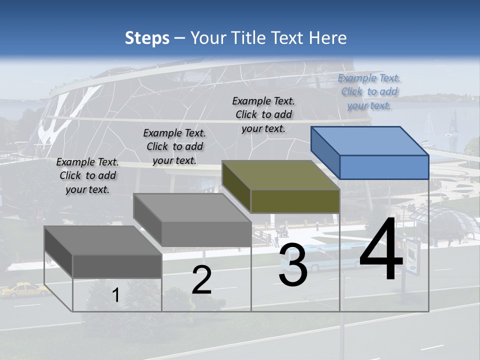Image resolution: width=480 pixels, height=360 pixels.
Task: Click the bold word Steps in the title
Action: click(x=147, y=38)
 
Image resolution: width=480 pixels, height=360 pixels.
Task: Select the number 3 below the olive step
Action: click(x=293, y=266)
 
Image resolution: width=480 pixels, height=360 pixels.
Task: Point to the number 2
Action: click(x=201, y=280)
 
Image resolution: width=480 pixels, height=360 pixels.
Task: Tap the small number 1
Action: click(x=116, y=295)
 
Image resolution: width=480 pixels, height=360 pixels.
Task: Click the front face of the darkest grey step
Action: click(x=117, y=266)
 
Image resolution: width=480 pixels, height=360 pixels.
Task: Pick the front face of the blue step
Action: click(x=384, y=167)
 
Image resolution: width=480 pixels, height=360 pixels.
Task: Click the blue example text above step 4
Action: click(x=369, y=91)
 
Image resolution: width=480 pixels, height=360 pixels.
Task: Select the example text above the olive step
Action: click(x=263, y=114)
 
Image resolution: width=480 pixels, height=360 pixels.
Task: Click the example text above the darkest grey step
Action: click(x=87, y=175)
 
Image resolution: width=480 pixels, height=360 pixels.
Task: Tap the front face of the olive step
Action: click(x=295, y=201)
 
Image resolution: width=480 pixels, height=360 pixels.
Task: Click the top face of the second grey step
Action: click(x=192, y=207)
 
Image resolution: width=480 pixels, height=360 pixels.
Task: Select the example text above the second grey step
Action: click(x=174, y=146)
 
